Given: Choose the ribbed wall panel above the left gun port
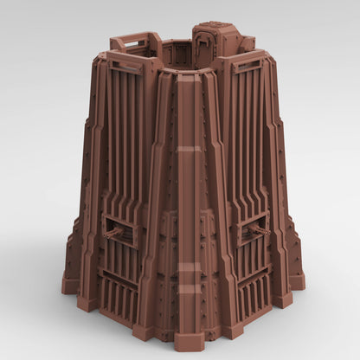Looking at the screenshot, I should coord(130,147).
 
